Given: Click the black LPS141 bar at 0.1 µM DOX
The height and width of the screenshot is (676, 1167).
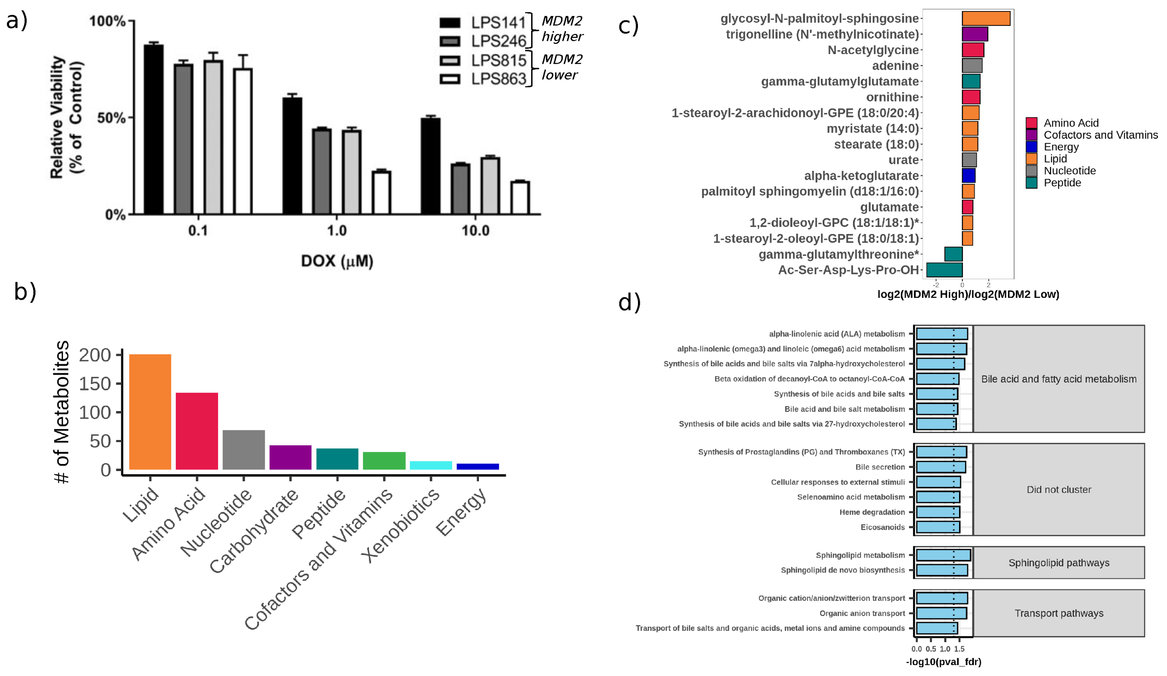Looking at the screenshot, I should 153,130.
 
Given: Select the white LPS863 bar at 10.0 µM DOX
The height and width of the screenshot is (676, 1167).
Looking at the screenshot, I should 520,198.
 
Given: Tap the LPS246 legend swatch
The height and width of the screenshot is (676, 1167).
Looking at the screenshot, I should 450,42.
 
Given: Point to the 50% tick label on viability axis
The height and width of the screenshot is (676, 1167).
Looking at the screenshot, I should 111,118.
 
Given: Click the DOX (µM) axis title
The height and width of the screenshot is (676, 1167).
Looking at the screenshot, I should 337,261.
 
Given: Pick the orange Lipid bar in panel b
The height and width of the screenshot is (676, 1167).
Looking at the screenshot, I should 150,412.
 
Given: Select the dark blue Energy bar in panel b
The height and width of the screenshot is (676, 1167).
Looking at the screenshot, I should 477,467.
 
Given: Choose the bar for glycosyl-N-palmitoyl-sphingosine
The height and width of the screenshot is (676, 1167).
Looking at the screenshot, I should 986,18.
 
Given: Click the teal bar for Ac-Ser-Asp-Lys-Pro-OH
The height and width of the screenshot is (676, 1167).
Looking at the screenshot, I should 944,270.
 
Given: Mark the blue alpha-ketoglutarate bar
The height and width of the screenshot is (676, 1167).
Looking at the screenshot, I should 969,176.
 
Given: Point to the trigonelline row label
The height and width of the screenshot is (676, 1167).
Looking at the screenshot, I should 822,34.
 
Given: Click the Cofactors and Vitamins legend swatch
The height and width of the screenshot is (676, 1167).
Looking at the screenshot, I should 1032,135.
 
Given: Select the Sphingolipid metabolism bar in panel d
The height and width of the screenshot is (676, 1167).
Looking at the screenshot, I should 943,555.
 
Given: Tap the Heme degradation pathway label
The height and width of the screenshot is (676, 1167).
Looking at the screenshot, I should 872,512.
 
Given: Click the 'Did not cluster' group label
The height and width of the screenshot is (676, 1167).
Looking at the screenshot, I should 1059,490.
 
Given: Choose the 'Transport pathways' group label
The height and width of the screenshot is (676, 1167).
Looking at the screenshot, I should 1059,613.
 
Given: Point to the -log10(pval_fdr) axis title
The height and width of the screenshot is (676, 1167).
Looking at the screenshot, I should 943,662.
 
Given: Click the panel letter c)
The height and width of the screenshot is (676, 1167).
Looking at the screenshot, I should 629,25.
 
